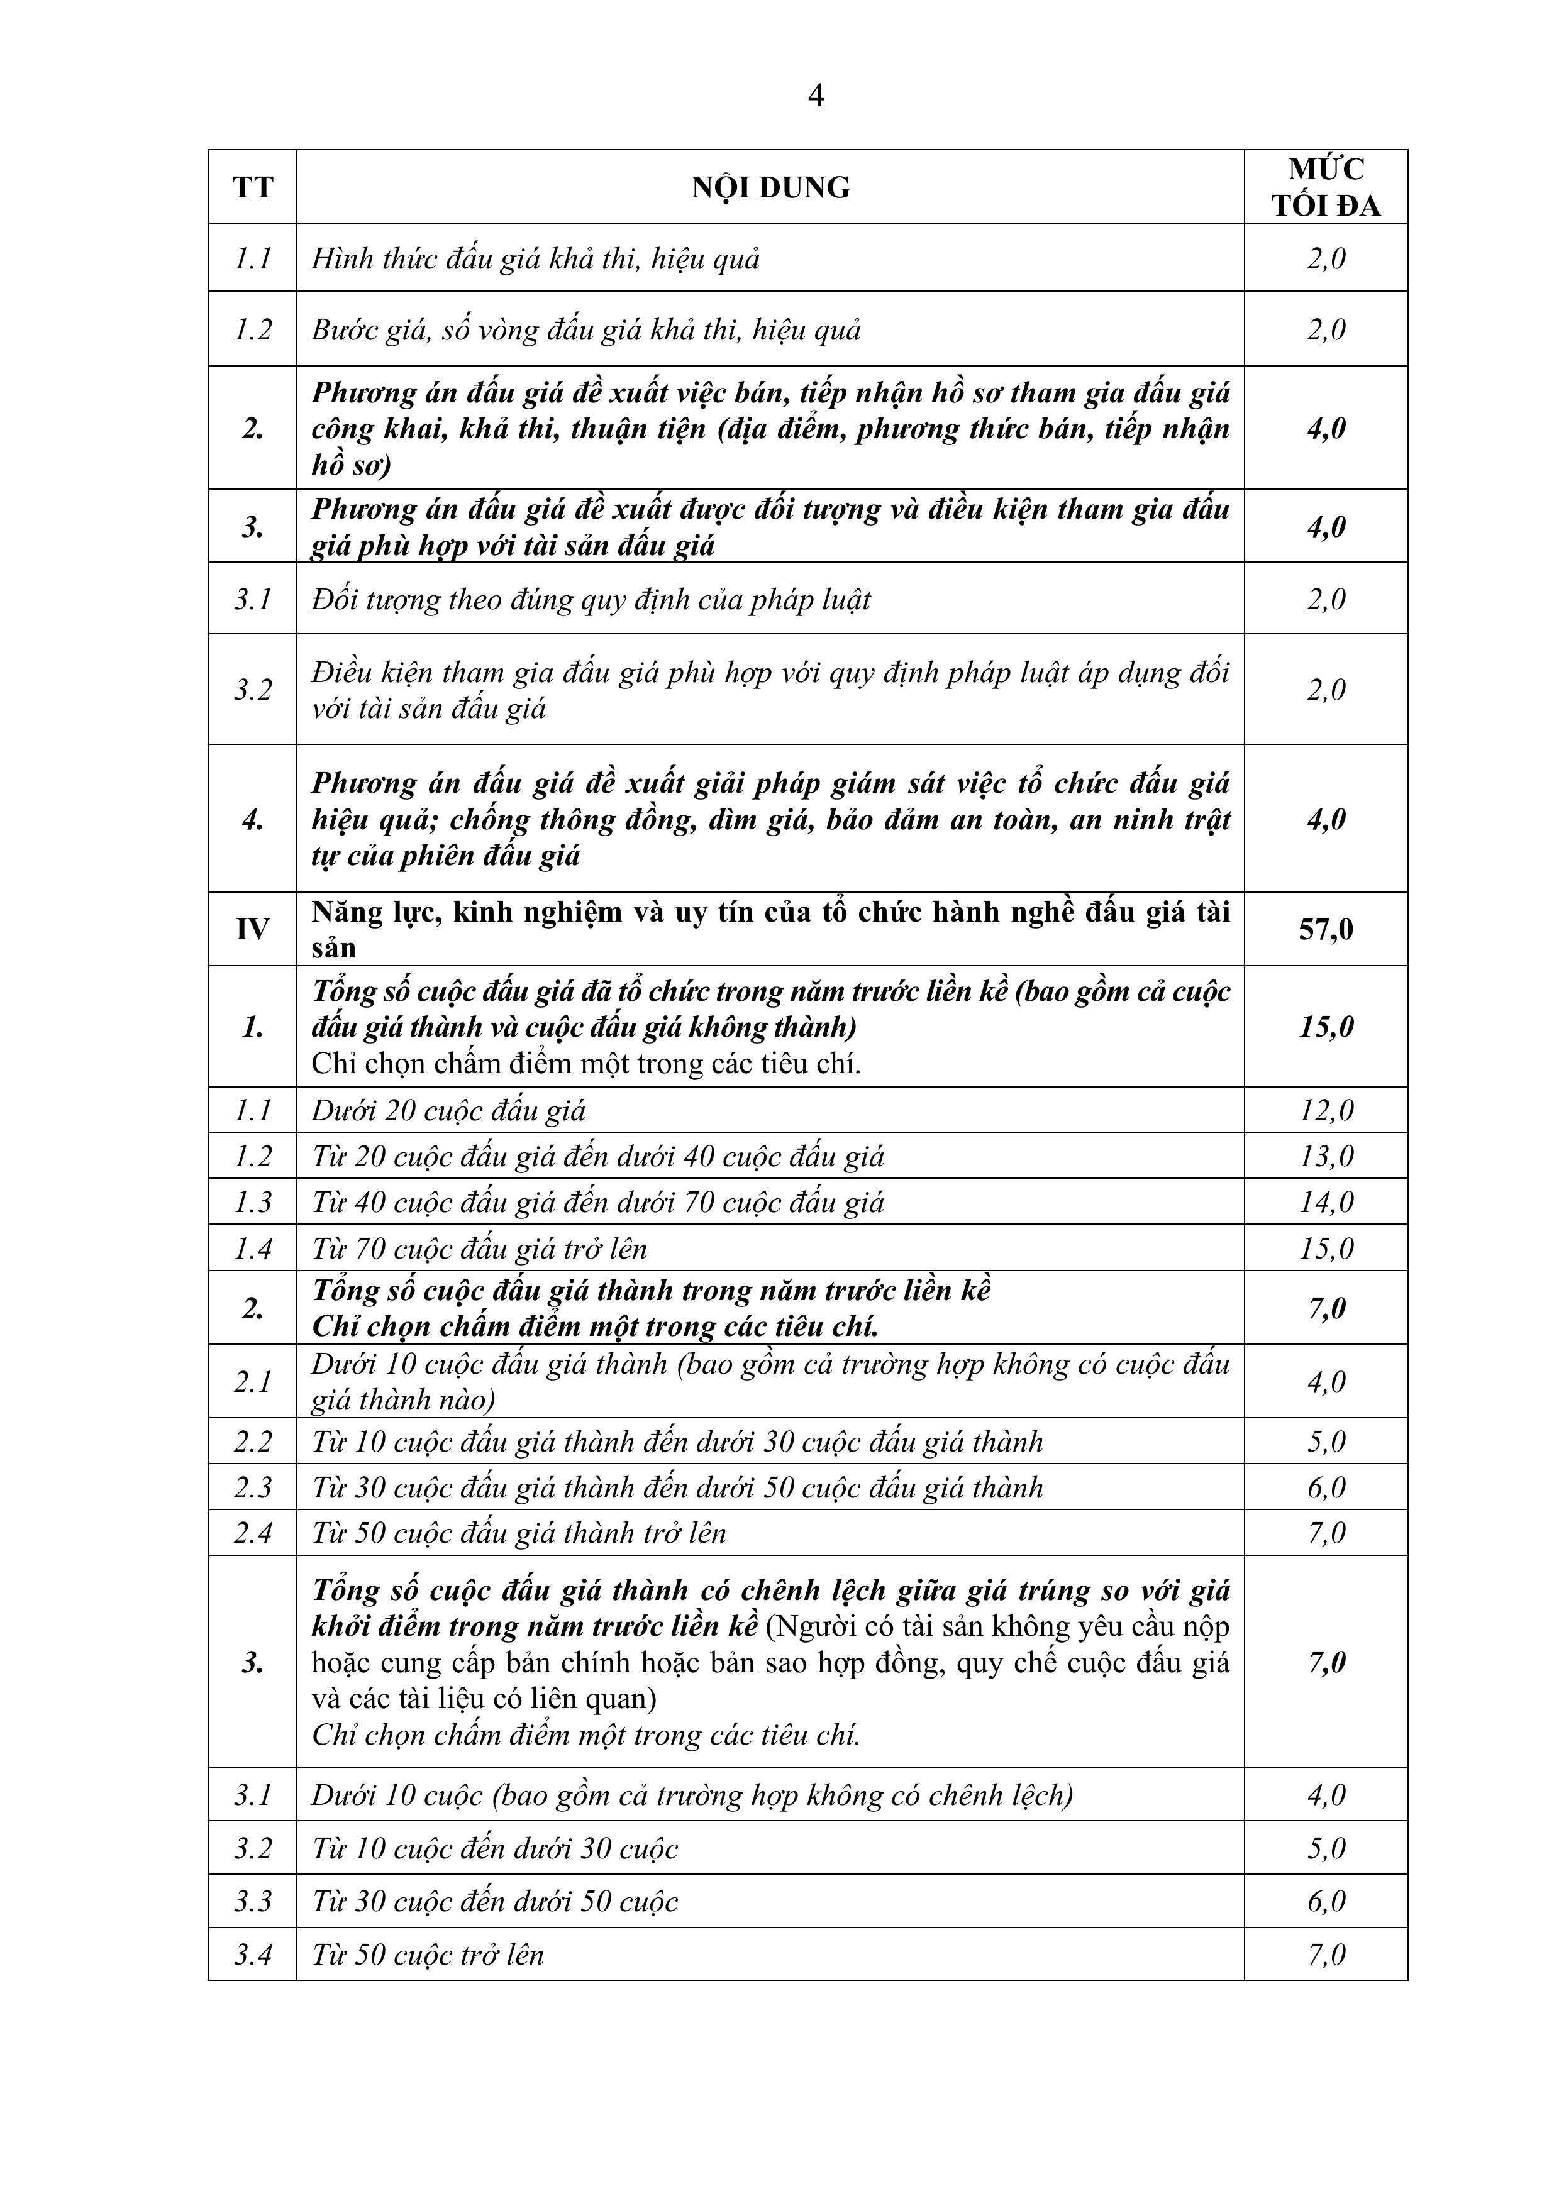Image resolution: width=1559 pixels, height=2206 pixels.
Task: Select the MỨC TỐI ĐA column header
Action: click(x=1326, y=187)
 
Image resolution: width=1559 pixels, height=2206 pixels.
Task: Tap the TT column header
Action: click(x=253, y=187)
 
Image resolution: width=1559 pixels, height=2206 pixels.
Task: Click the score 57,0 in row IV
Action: click(x=1326, y=929)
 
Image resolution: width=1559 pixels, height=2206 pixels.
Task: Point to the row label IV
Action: click(x=253, y=929)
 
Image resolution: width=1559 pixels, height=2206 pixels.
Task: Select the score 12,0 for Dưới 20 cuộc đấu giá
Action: click(x=1326, y=1111)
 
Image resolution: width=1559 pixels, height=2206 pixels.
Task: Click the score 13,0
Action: click(x=1326, y=1156)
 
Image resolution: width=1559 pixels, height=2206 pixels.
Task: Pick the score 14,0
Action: click(x=1326, y=1202)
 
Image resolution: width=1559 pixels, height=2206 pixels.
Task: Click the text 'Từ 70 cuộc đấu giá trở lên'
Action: click(x=479, y=1248)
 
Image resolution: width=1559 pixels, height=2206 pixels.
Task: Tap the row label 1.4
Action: click(x=253, y=1248)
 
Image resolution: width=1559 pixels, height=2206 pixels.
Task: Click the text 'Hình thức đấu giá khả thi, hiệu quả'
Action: click(x=535, y=258)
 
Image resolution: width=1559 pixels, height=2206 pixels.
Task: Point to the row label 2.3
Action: click(x=253, y=1487)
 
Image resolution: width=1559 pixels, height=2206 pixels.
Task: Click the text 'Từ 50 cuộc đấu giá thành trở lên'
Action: click(x=518, y=1533)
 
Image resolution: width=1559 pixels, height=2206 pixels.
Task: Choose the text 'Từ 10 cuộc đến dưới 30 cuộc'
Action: click(x=494, y=1848)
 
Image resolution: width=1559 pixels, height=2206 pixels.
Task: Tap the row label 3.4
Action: click(x=253, y=1955)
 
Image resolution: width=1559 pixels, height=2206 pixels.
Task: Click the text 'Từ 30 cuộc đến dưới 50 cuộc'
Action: click(x=494, y=1902)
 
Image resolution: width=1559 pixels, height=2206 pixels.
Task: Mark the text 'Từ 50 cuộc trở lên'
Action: click(x=427, y=1955)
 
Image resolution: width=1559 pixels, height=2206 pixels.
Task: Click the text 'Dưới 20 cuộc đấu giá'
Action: click(x=448, y=1111)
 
